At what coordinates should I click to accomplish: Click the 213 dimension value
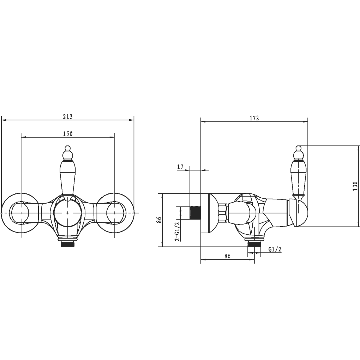[x=68, y=116]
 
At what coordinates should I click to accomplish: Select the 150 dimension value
[x=68, y=134]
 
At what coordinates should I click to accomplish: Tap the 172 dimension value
[x=254, y=118]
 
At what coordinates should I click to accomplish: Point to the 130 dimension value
[x=355, y=186]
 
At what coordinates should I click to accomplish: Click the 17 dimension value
[x=180, y=167]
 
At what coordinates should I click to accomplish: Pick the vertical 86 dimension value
[x=160, y=220]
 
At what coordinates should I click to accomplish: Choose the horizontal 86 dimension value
[x=227, y=256]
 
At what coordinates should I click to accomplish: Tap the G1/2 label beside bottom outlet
[x=275, y=249]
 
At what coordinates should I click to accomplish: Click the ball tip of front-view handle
[x=67, y=148]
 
